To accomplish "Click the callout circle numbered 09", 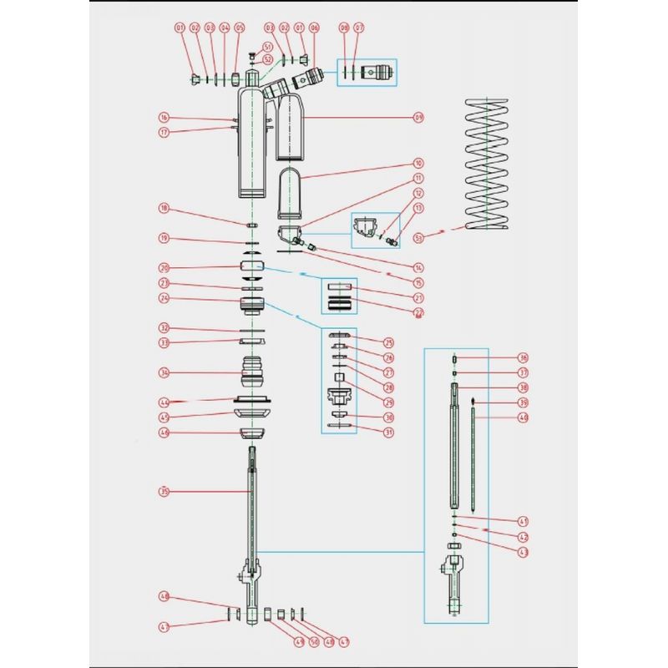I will point(418,116).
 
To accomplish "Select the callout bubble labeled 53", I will point(418,238).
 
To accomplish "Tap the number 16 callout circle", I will point(164,118).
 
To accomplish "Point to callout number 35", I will point(164,492).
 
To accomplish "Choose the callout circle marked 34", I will point(164,372).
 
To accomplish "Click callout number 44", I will point(164,402).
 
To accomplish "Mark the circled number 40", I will point(524,417).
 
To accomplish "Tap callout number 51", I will point(267,47).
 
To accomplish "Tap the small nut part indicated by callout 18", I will point(251,225).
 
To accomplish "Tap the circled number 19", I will point(164,238).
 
